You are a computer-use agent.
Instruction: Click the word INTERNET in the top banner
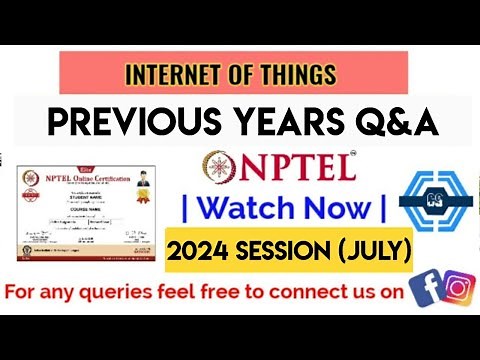(164, 74)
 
